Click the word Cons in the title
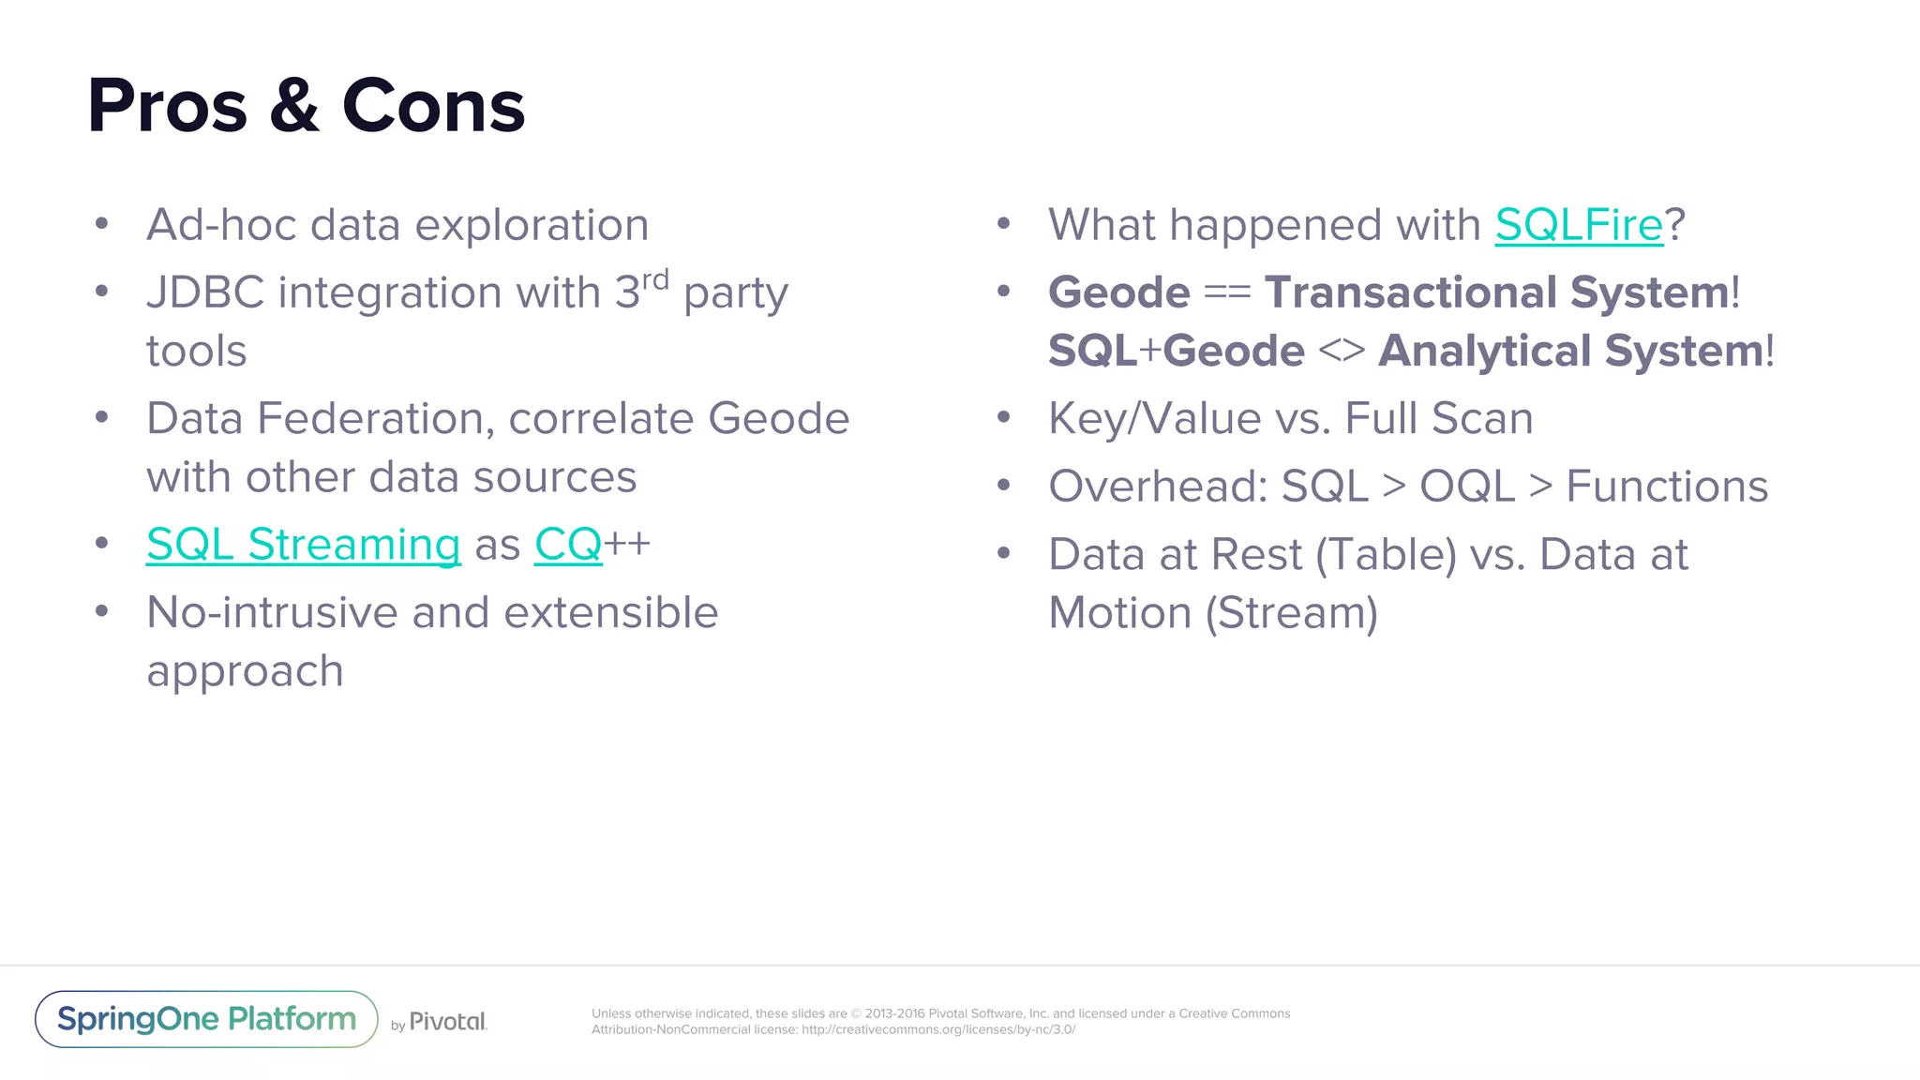click(433, 106)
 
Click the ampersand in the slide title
click(294, 106)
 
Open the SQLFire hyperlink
click(1579, 225)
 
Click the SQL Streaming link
click(303, 545)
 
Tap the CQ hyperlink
click(567, 545)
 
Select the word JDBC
click(205, 292)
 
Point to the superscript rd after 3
click(655, 279)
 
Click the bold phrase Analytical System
click(1571, 352)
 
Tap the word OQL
click(1466, 487)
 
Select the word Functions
click(1667, 487)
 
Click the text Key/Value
click(1154, 419)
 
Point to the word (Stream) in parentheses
click(1291, 614)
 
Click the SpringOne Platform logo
click(206, 1019)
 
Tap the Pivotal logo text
click(447, 1022)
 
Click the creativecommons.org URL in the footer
click(937, 1029)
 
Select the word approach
click(245, 672)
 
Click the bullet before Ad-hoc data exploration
click(102, 224)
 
